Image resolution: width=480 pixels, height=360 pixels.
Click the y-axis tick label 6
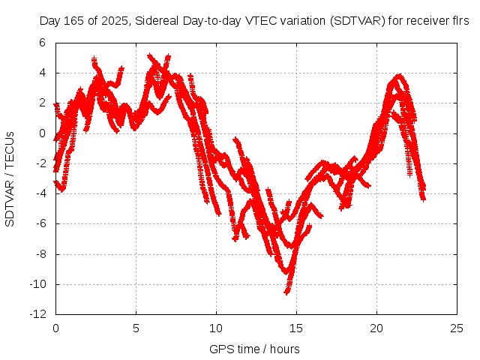(x=44, y=43)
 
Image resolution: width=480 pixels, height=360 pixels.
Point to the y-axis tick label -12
(x=39, y=314)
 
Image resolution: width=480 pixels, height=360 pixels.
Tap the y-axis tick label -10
(x=39, y=284)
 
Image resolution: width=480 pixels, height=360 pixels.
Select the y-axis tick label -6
(x=42, y=223)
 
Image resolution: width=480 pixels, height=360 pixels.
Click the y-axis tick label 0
(x=44, y=133)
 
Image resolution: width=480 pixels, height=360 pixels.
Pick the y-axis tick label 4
(x=44, y=73)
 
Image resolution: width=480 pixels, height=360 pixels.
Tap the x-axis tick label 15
(x=296, y=328)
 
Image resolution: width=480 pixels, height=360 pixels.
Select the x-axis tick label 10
(x=216, y=328)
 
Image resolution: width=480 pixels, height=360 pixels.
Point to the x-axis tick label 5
(x=136, y=328)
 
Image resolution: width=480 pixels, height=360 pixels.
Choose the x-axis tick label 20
(x=376, y=328)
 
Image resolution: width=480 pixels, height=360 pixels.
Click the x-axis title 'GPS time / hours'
(x=254, y=349)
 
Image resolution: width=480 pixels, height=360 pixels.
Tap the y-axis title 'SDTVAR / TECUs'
(x=10, y=178)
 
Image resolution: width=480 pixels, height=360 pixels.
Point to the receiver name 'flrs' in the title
(x=458, y=21)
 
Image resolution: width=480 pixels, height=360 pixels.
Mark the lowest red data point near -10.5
(x=286, y=291)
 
